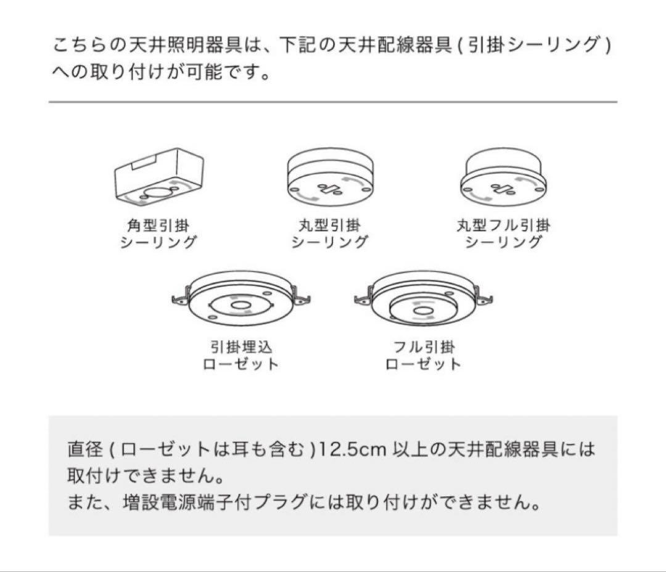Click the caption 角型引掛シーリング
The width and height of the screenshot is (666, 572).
coord(158,234)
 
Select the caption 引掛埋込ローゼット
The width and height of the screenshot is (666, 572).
coord(240,356)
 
